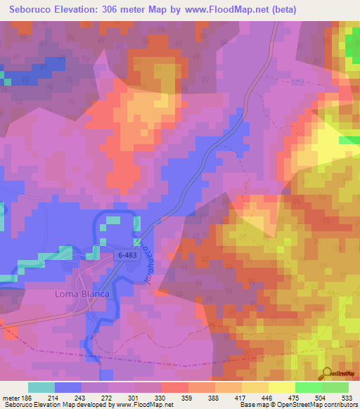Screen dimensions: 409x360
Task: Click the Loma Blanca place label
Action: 82,293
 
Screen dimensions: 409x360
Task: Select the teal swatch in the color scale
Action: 41,387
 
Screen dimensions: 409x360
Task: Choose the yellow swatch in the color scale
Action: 282,387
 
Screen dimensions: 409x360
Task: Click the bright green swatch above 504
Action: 309,387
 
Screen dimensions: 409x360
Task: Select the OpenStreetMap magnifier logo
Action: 328,372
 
